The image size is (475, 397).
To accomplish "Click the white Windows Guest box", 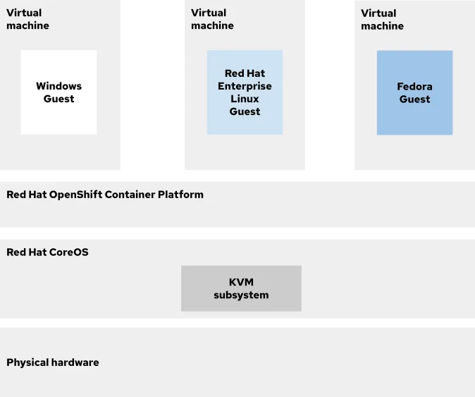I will [58, 92].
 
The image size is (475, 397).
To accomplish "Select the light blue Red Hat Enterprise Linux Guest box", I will [245, 92].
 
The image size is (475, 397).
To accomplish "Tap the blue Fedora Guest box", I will [414, 93].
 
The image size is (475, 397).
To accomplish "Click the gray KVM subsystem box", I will [241, 288].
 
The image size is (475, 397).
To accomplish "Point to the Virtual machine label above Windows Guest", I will [27, 19].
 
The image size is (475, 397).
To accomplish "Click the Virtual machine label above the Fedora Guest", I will [382, 20].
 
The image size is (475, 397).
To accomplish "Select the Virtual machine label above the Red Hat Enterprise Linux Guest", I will [212, 19].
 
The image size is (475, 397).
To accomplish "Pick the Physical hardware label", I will [53, 362].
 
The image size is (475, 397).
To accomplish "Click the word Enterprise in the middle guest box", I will [245, 86].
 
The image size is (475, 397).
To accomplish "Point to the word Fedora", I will [414, 87].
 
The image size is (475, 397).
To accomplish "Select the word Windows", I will [58, 86].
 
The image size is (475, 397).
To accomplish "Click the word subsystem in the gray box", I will [241, 295].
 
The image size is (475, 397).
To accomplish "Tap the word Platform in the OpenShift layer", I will [180, 195].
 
